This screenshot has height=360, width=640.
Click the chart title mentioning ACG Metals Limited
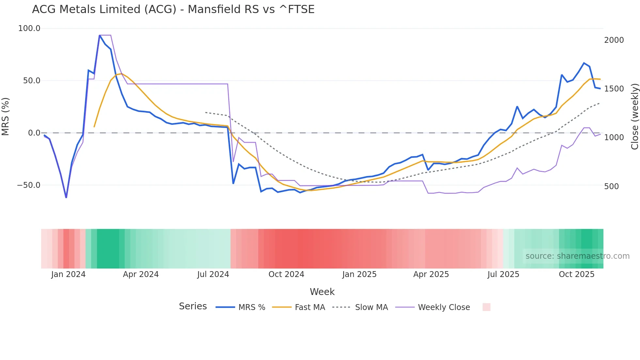click(173, 9)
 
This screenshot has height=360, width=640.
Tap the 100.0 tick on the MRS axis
click(29, 28)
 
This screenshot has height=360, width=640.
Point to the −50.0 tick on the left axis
click(29, 185)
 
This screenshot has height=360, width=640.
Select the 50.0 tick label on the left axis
click(32, 81)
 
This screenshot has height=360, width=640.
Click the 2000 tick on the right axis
click(614, 40)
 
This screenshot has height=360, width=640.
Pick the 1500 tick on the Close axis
click(614, 89)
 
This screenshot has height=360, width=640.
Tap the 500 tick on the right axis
click(612, 187)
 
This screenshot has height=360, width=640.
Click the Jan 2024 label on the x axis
click(68, 274)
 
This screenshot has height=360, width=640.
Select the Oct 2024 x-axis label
click(286, 274)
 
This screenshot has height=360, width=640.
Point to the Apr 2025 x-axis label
click(431, 274)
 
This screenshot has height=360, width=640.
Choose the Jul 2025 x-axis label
click(503, 274)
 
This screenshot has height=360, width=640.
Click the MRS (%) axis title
click(6, 116)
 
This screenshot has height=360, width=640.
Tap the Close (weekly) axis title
click(634, 117)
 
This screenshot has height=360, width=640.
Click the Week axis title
click(322, 292)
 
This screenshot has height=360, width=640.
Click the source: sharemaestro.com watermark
click(577, 256)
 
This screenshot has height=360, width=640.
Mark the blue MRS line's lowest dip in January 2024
click(66, 197)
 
